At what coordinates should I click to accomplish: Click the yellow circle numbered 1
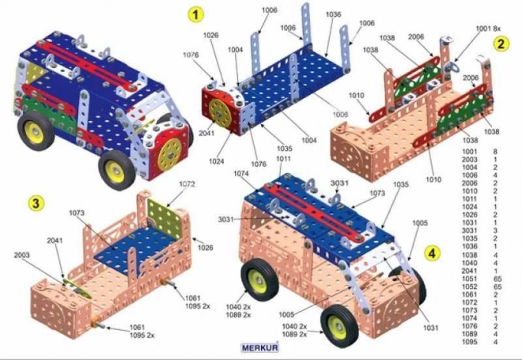click(195, 13)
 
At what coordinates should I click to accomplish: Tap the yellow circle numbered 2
click(501, 44)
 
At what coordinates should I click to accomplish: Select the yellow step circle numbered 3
click(36, 203)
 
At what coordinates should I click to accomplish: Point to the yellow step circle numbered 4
click(432, 253)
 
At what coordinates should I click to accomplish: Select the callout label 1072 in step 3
click(186, 184)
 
